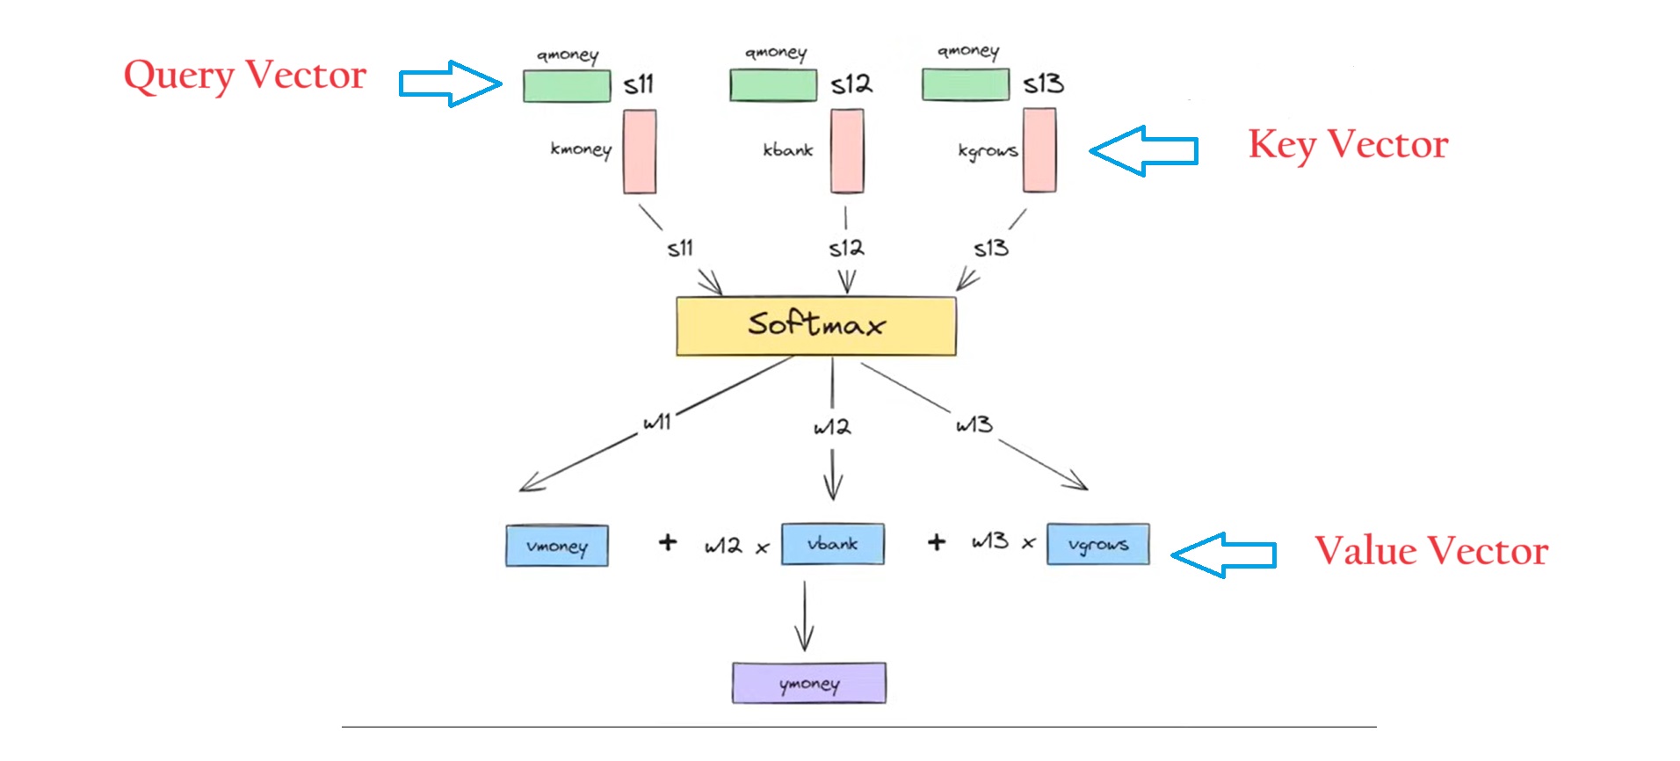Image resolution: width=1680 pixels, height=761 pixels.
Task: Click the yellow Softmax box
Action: [x=815, y=326]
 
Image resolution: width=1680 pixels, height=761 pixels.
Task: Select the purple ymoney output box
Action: [x=808, y=683]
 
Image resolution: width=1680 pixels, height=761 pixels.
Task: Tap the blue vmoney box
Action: [x=556, y=546]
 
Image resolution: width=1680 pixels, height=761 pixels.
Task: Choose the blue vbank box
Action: [x=832, y=544]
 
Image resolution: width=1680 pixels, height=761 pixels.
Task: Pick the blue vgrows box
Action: [x=1097, y=545]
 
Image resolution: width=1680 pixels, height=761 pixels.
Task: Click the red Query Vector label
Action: [x=244, y=76]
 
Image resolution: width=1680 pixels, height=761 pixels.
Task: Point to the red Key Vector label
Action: [x=1348, y=145]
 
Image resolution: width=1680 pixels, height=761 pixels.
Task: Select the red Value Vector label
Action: [x=1430, y=552]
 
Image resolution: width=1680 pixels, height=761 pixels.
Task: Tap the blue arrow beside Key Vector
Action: [x=1143, y=150]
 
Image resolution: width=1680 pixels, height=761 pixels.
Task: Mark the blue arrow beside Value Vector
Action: [x=1223, y=554]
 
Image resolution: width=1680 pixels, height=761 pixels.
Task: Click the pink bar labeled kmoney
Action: [x=640, y=151]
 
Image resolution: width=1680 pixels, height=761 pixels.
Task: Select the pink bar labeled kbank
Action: [x=847, y=150]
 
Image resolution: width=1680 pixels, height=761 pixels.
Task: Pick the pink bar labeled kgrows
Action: [x=1039, y=149]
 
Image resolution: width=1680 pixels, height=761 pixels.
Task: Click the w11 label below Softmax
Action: [x=656, y=423]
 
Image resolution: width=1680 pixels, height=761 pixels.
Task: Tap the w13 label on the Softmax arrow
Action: [x=974, y=425]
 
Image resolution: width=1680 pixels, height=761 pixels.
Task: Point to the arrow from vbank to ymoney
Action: [x=804, y=617]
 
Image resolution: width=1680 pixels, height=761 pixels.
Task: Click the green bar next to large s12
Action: [x=773, y=85]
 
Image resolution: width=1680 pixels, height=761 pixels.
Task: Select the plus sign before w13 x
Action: [x=937, y=542]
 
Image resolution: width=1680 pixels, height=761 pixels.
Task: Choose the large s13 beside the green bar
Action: [x=1043, y=83]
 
